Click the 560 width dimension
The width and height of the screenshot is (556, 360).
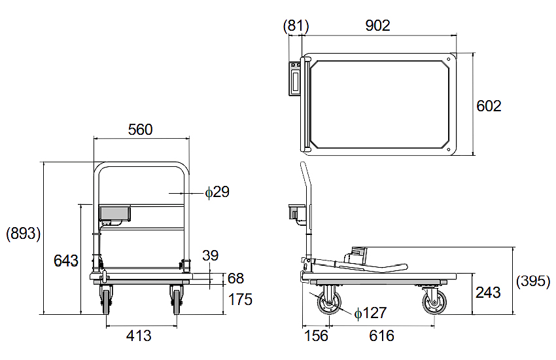coord(140,130)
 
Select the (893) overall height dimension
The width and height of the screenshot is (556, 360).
coord(24,234)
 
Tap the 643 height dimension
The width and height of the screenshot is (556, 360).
coord(66,261)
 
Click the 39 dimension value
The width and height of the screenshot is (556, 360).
coord(210,256)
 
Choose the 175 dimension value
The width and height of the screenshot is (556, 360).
coord(240,300)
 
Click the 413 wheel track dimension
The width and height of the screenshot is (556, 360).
coord(139,336)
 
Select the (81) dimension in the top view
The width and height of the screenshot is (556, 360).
coord(296,26)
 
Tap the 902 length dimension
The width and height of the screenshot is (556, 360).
coord(377,26)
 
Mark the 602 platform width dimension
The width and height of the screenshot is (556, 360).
coord(489,106)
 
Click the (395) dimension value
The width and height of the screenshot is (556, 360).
coord(534,281)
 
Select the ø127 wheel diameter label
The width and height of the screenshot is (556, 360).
coord(370,314)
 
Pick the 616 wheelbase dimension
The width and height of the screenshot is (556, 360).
coord(382,336)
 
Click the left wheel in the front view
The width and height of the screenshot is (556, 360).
coord(106,301)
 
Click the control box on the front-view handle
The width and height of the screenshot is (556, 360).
coord(114,213)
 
